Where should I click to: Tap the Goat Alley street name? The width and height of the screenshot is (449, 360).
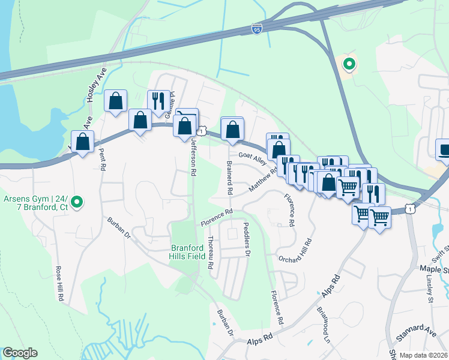pos(252,158)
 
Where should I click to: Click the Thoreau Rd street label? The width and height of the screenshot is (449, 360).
pos(211,252)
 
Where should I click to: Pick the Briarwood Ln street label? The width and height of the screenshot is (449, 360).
pos(323,325)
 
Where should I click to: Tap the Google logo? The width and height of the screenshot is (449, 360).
pos(20,353)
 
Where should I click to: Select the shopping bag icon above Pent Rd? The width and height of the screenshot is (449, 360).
pos(115,102)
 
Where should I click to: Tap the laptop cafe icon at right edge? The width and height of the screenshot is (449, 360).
pos(443,150)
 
